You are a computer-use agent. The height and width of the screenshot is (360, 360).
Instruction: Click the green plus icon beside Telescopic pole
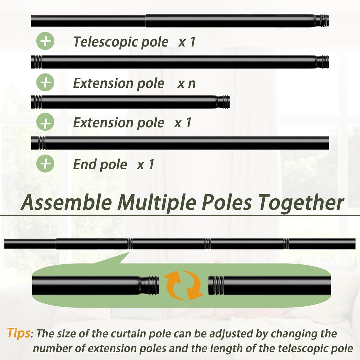[45, 41]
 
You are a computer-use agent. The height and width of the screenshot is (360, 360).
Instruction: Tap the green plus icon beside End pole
[45, 163]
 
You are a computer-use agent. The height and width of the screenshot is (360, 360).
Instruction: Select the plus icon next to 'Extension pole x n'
[45, 82]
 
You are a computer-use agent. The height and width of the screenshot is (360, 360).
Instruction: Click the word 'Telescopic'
[105, 42]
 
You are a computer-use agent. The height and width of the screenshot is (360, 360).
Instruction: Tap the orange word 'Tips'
[19, 333]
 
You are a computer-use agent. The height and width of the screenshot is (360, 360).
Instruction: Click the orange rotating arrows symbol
[183, 285]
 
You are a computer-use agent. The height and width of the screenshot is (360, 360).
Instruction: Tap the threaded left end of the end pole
[38, 143]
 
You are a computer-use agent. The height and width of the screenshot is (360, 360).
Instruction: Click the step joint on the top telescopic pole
[146, 21]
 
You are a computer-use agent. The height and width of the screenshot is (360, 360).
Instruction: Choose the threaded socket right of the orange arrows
[216, 285]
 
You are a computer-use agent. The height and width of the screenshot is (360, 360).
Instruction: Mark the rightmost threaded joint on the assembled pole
[286, 244]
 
